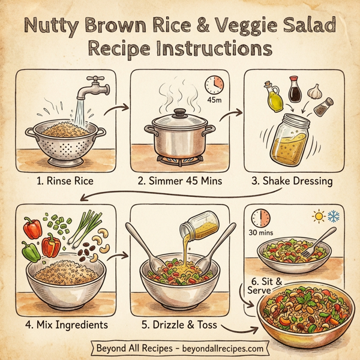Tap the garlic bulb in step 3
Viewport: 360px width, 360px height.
pyautogui.click(x=316, y=92)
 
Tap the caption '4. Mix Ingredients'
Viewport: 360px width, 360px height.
pyautogui.click(x=67, y=325)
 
